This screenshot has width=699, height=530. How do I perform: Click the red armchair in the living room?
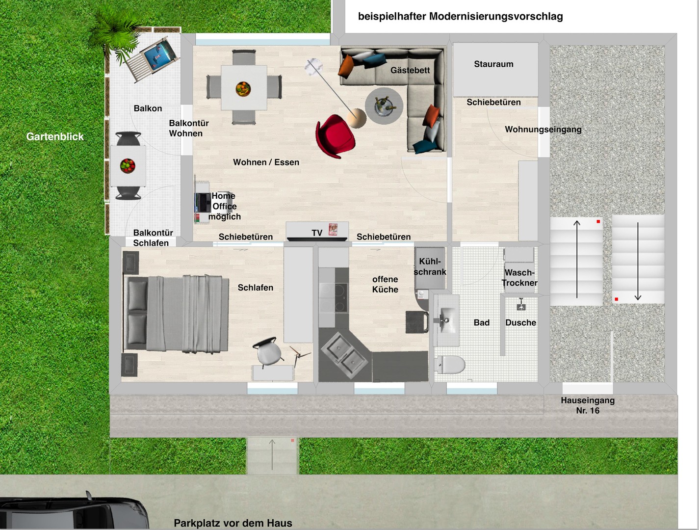coord(335,136)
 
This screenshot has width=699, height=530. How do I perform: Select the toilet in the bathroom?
coord(450,365)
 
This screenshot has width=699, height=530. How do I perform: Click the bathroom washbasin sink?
coord(446,319)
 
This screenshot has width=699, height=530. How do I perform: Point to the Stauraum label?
coord(493,64)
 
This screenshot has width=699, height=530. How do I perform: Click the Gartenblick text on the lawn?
coord(55,136)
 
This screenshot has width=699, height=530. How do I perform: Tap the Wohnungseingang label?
coord(544,130)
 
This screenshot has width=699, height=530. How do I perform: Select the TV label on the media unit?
coord(317,233)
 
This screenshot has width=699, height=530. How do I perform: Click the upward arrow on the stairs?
coord(577,259)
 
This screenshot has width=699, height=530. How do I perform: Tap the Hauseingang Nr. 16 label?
coord(588,405)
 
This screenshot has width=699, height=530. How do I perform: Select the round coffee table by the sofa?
coord(384,106)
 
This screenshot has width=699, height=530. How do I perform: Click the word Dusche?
coord(520,322)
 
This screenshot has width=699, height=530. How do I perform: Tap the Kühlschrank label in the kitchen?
coord(430,266)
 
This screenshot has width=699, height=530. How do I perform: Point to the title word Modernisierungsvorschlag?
coord(496,17)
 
